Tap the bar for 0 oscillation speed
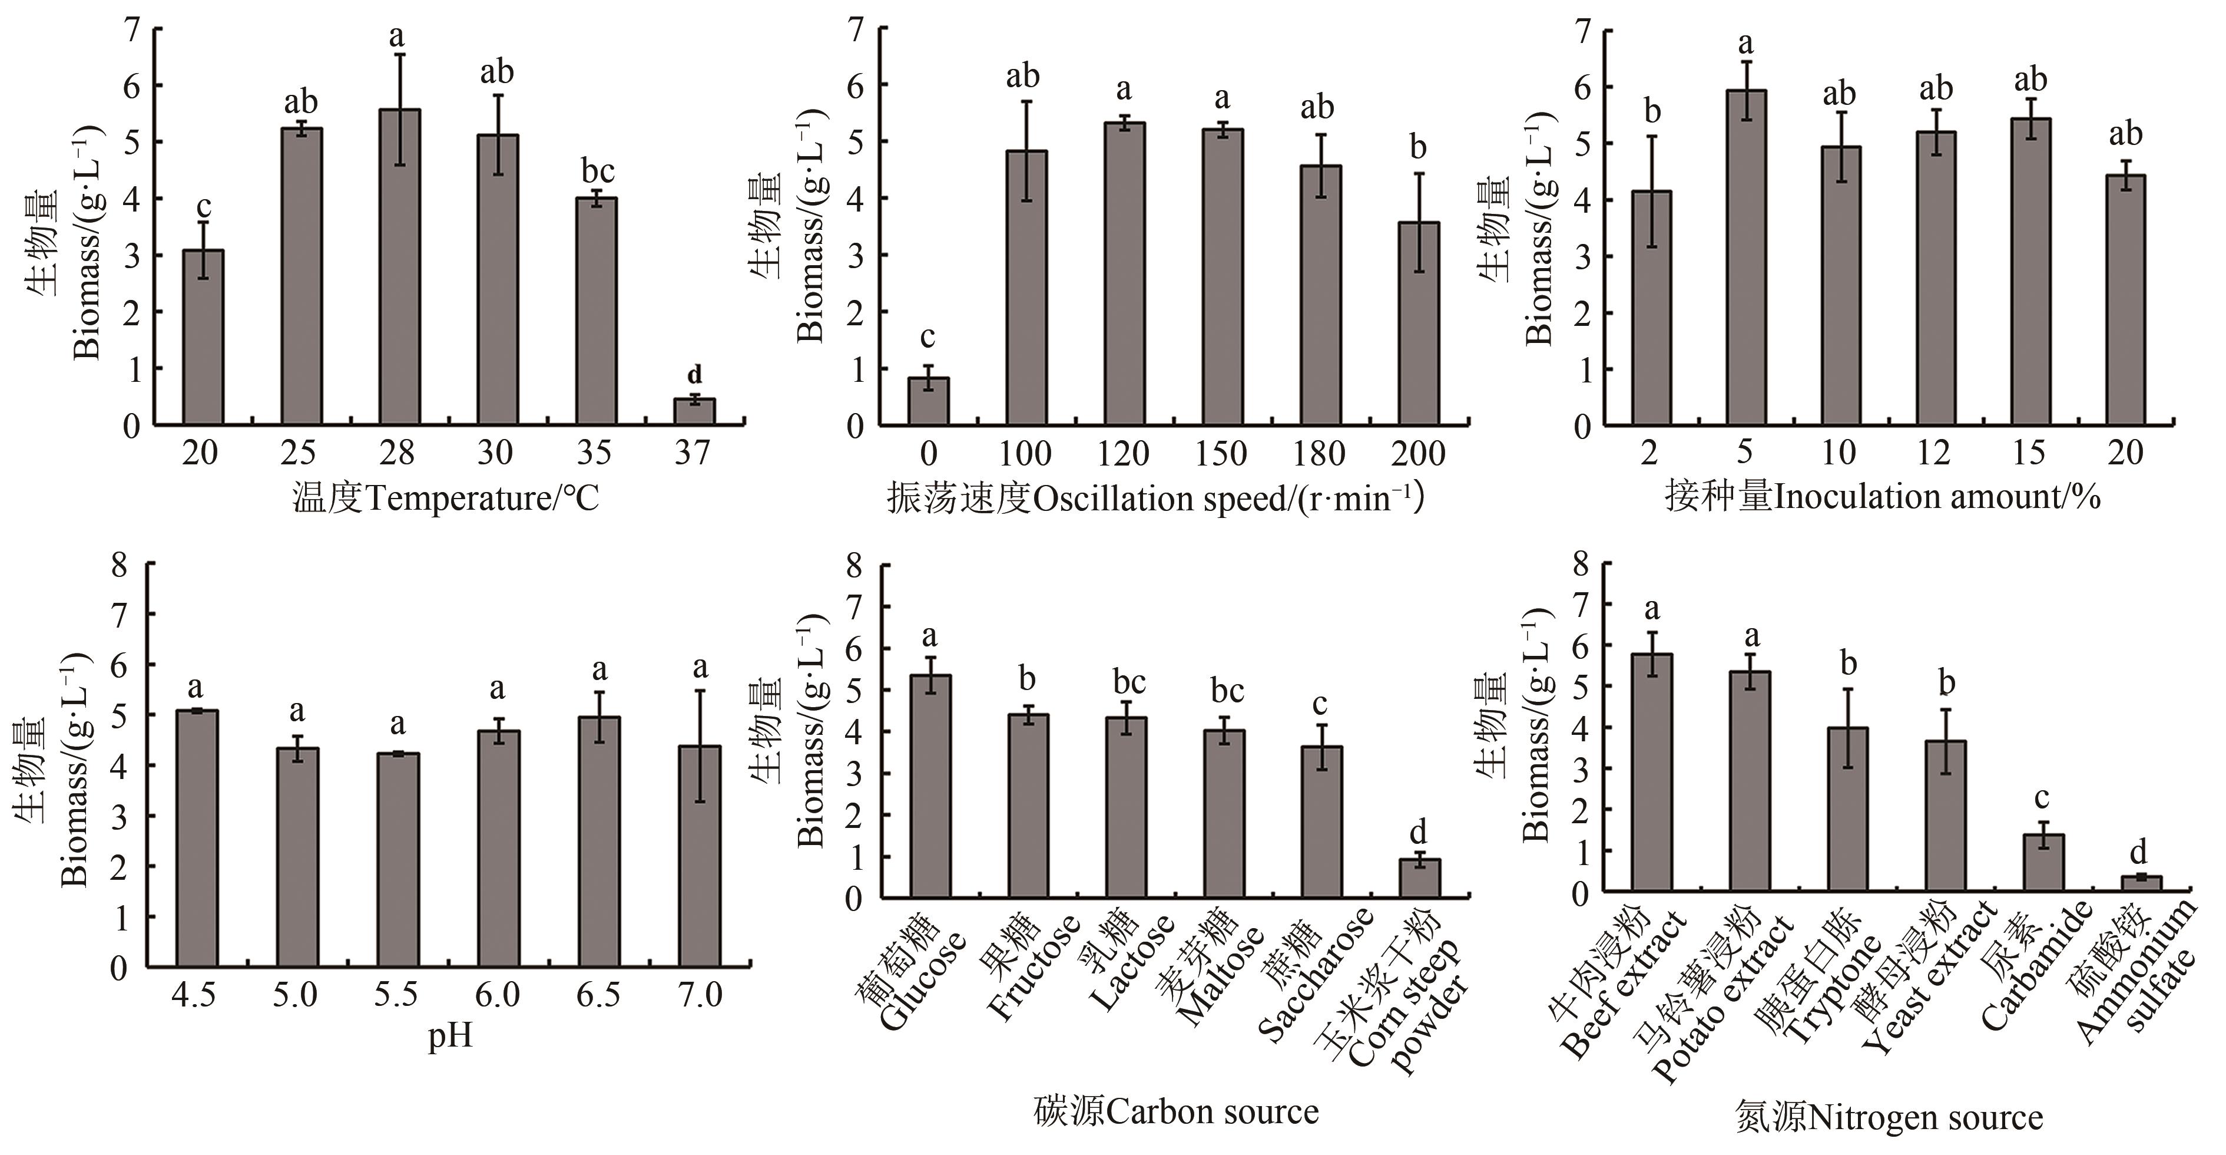tap(928, 401)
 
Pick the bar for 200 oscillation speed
tap(1419, 324)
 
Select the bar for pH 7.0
tap(700, 856)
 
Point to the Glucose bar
tap(930, 787)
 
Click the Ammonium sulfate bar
tap(2141, 883)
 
